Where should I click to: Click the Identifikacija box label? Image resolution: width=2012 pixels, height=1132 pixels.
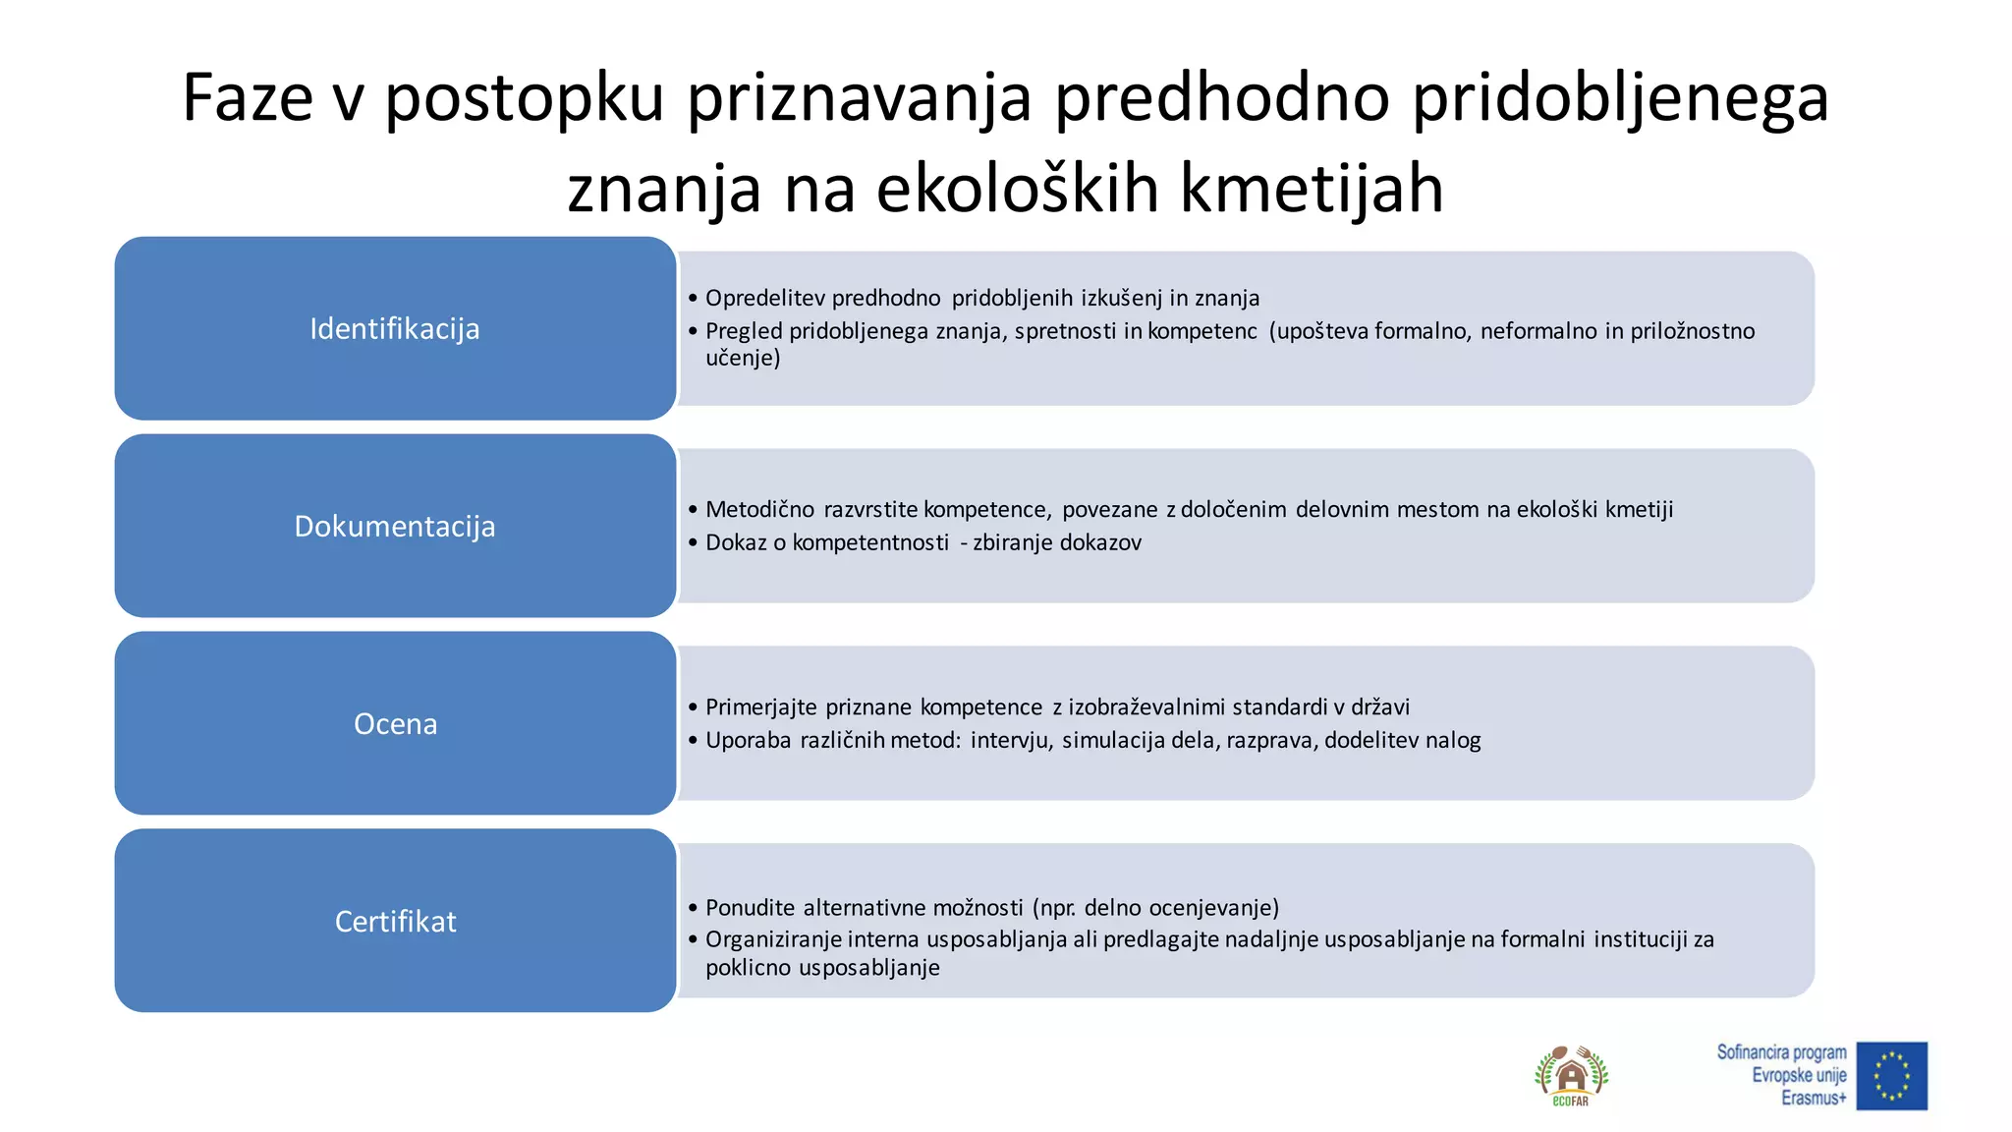395,329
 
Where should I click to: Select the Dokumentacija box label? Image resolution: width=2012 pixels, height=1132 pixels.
395,527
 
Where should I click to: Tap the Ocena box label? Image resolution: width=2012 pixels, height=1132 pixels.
395,724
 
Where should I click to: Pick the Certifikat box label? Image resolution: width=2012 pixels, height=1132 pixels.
395,922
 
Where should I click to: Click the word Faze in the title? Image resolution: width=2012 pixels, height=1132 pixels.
248,98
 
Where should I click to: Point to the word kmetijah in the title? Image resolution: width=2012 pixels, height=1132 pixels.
1311,189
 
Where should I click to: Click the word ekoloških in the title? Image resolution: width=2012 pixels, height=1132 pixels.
1017,189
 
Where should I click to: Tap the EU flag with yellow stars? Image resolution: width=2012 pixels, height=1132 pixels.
1891,1076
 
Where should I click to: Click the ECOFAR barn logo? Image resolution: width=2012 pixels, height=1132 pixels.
1571,1075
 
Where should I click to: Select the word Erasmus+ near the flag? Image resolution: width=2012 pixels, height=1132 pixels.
1814,1098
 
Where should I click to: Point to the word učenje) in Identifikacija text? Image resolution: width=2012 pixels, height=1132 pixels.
743,358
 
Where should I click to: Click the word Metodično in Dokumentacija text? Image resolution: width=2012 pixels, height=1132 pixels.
759,509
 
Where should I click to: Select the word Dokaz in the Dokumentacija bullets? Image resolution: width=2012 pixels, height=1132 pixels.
736,542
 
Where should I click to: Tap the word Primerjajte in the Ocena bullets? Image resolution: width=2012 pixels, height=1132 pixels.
760,707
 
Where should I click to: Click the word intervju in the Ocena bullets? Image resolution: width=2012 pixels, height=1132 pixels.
1011,740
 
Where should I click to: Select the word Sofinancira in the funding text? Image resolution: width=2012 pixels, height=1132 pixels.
1753,1052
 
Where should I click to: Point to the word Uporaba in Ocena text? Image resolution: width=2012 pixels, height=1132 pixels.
748,740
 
